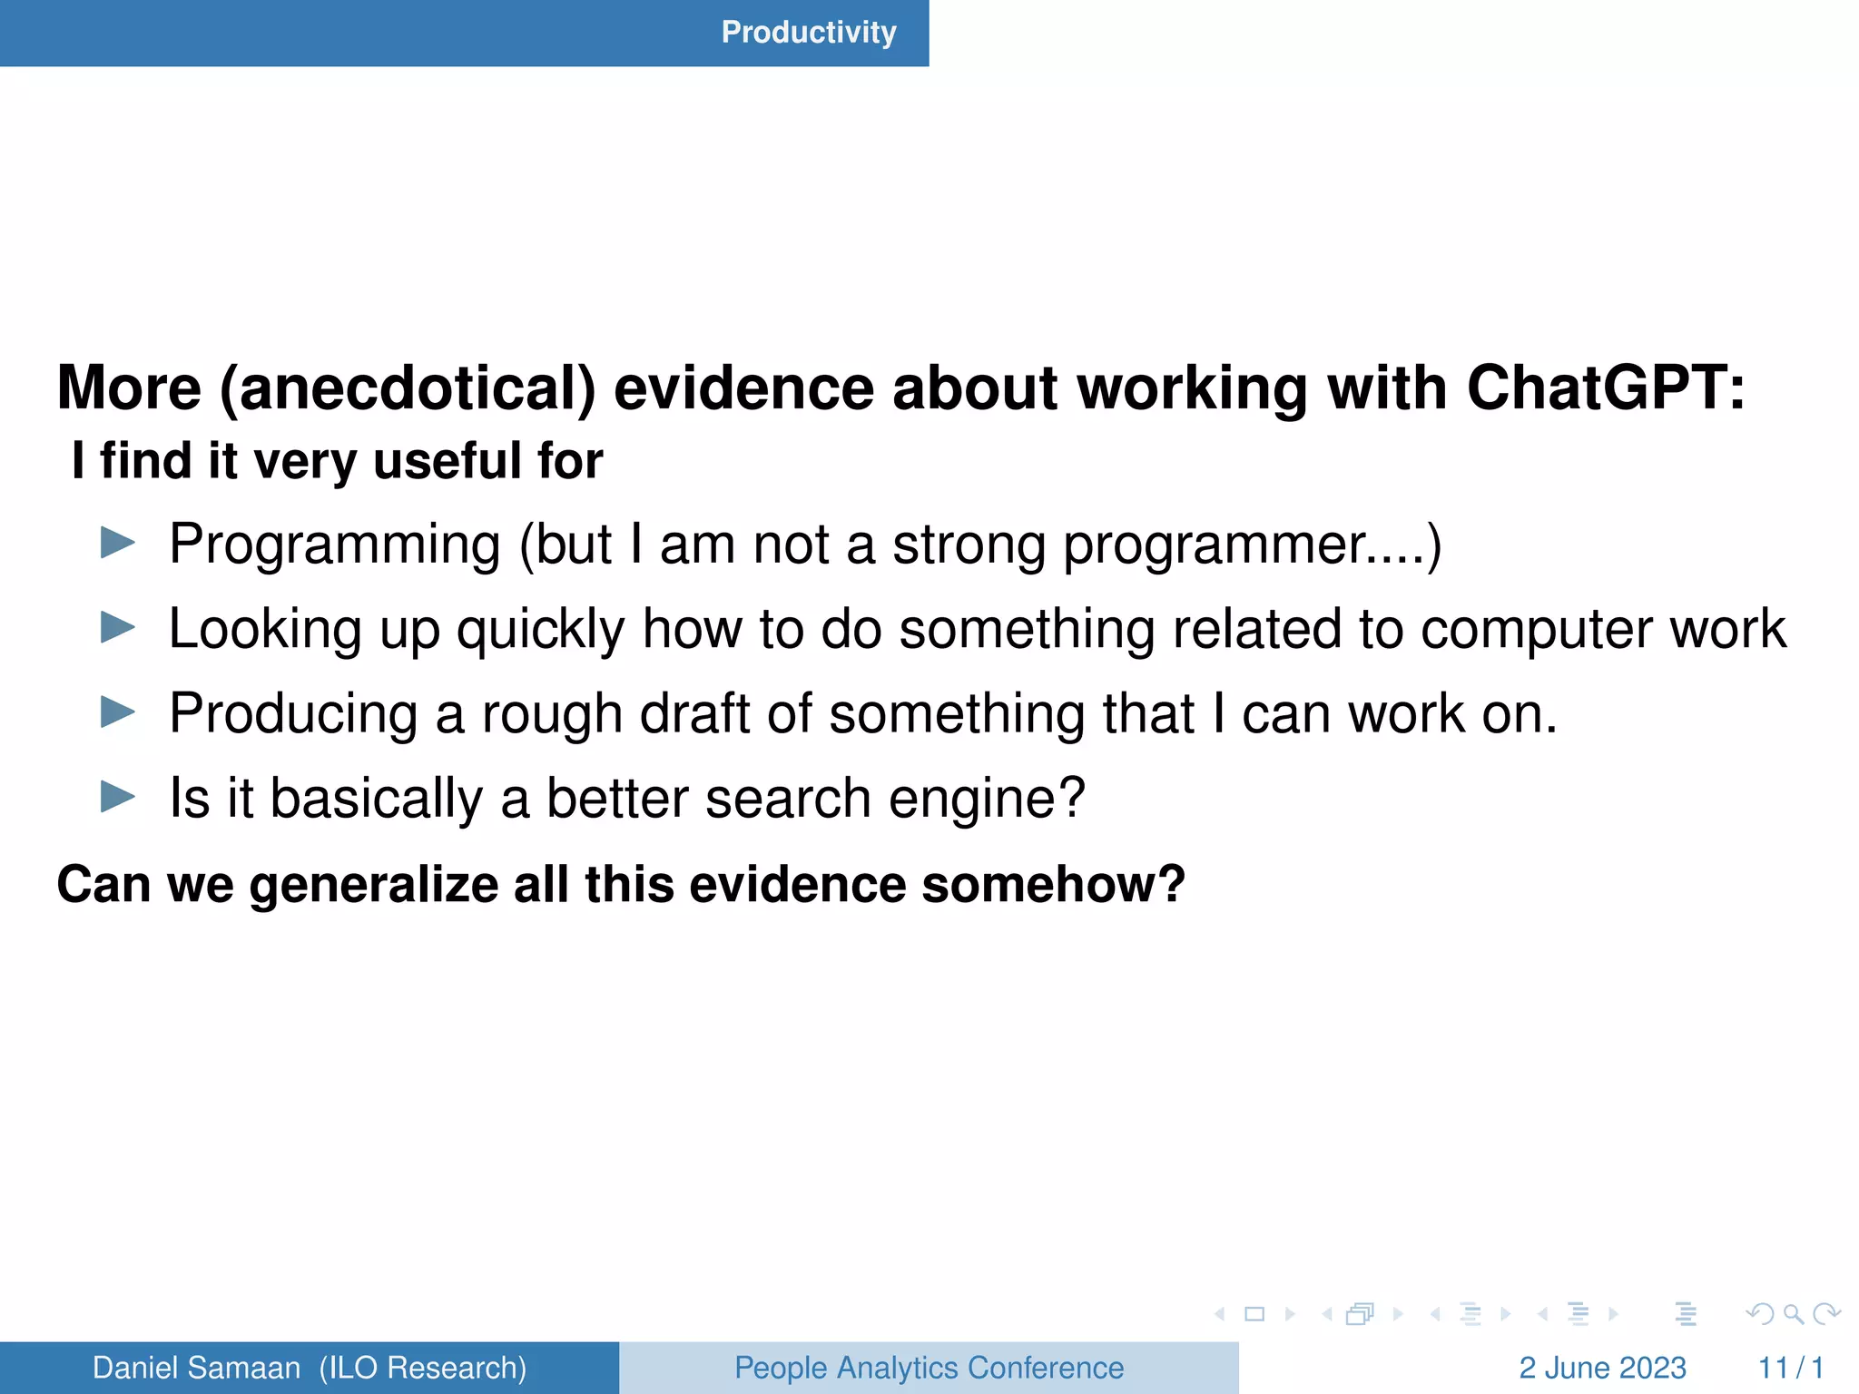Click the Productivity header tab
(x=808, y=33)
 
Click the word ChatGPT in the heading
(x=1604, y=388)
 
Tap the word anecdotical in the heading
(x=408, y=388)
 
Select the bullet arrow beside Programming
(x=118, y=544)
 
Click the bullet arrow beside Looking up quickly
(x=118, y=627)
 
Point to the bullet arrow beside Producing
(x=118, y=712)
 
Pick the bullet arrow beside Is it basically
(x=118, y=798)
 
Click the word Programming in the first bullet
(x=335, y=545)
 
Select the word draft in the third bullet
(x=693, y=713)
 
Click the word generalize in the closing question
(x=374, y=884)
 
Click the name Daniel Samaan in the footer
(x=196, y=1368)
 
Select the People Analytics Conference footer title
(x=929, y=1368)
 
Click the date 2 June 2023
(x=1602, y=1368)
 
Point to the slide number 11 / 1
(x=1790, y=1368)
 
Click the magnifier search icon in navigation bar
(x=1793, y=1313)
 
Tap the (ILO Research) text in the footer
(x=423, y=1368)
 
